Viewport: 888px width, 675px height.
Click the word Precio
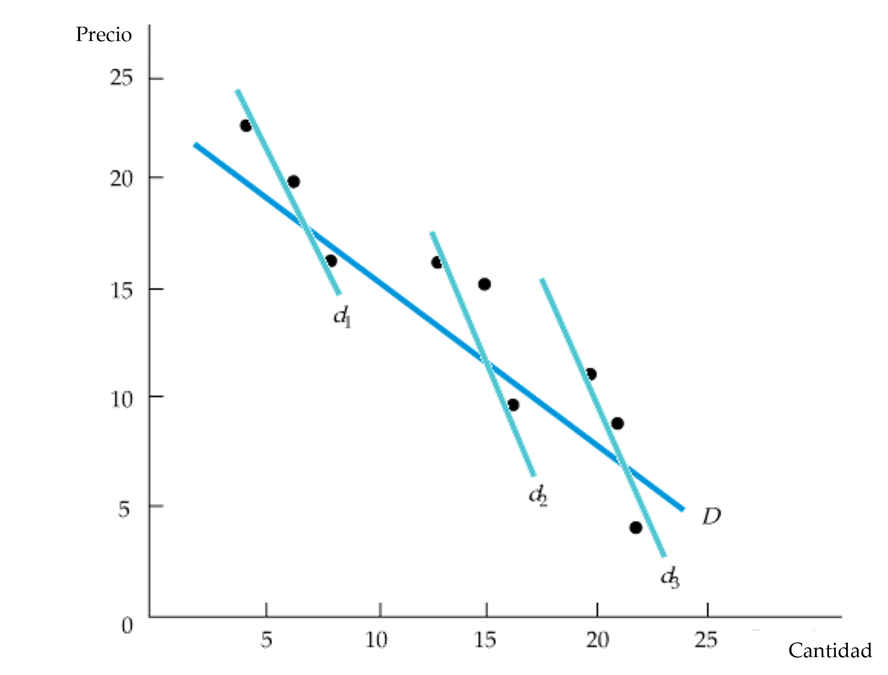click(104, 34)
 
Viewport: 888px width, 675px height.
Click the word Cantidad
click(830, 650)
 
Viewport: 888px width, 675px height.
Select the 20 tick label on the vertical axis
click(121, 179)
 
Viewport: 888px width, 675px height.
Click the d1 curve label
click(343, 317)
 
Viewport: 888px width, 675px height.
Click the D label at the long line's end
click(710, 516)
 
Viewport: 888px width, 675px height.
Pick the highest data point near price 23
click(245, 126)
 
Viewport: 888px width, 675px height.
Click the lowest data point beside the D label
click(635, 528)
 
